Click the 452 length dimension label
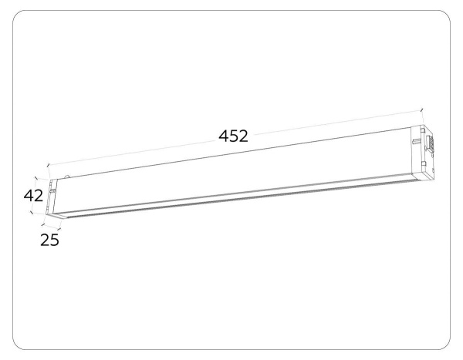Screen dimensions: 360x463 point(233,136)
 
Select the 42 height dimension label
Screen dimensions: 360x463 point(32,196)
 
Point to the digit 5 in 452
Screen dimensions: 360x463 point(233,136)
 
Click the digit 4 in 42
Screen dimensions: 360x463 point(27,196)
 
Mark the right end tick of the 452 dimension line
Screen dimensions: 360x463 point(421,110)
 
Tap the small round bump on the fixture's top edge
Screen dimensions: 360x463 point(67,177)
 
